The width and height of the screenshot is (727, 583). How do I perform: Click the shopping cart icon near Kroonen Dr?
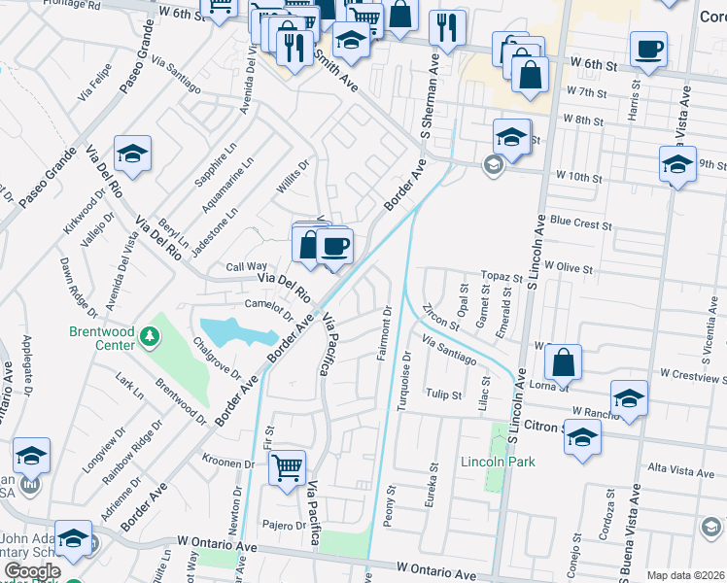(287, 468)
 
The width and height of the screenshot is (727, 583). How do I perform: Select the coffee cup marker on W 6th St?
(648, 49)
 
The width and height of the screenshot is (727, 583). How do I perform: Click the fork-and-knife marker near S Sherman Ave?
(447, 28)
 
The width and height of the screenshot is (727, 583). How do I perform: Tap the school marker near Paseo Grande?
(132, 154)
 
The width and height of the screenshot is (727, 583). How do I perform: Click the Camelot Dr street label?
(268, 307)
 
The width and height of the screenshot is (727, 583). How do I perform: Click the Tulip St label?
(442, 394)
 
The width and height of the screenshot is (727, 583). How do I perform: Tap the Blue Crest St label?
(580, 223)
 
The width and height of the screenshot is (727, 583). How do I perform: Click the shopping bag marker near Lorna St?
(563, 362)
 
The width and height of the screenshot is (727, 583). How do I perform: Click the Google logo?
(32, 571)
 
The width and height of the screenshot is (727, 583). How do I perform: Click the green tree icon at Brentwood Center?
(149, 337)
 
